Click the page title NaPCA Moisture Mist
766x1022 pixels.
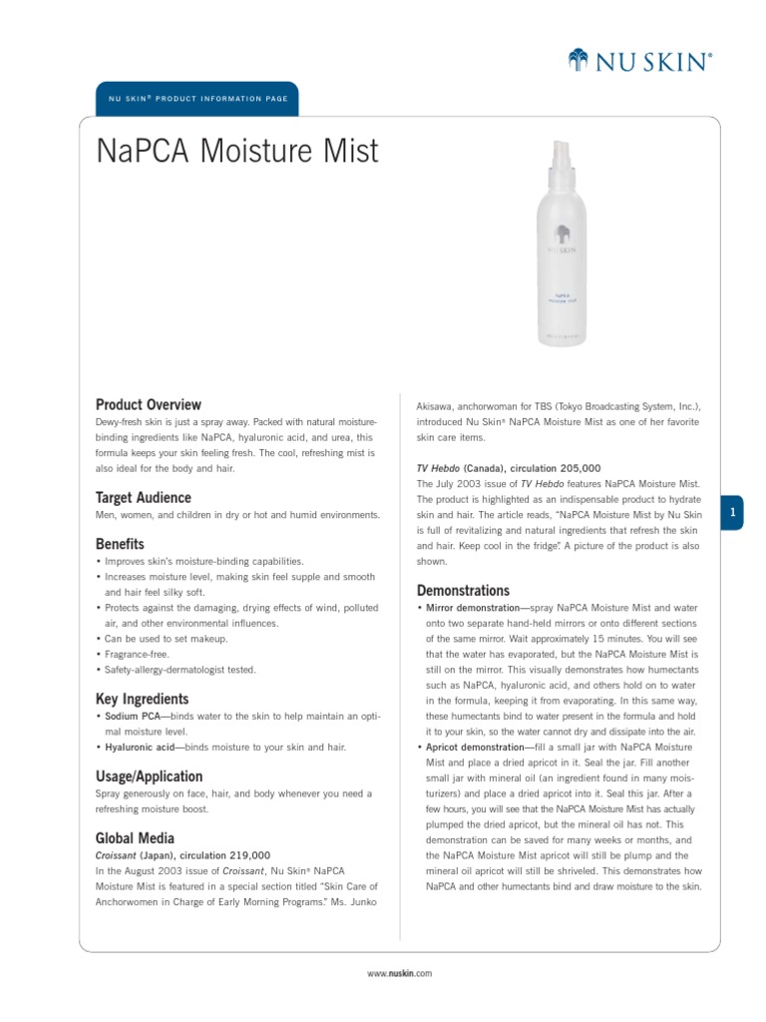click(237, 151)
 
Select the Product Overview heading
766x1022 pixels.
click(148, 404)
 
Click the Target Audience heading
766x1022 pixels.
click(143, 497)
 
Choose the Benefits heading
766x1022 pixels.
click(120, 544)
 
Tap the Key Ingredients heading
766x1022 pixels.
click(142, 699)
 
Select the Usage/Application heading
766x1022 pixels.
click(149, 775)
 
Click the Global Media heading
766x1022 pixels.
click(135, 837)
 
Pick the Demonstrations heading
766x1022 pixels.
click(463, 590)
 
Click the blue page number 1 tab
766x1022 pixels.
click(732, 512)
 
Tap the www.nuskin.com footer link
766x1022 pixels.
click(400, 973)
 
